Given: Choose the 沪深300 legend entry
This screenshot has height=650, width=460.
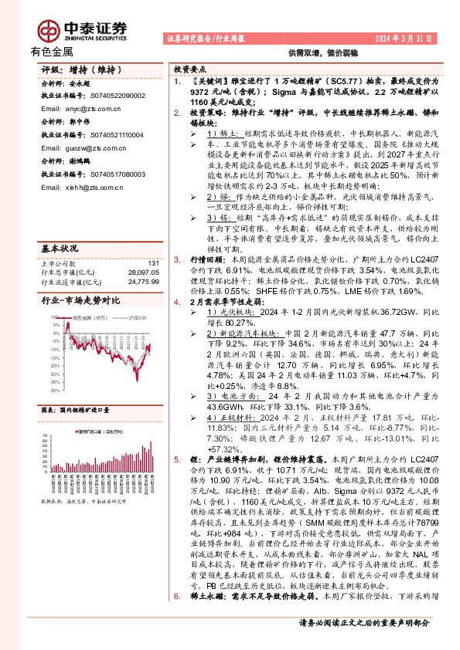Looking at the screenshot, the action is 135,318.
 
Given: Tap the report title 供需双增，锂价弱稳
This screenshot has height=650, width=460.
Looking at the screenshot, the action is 313,52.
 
